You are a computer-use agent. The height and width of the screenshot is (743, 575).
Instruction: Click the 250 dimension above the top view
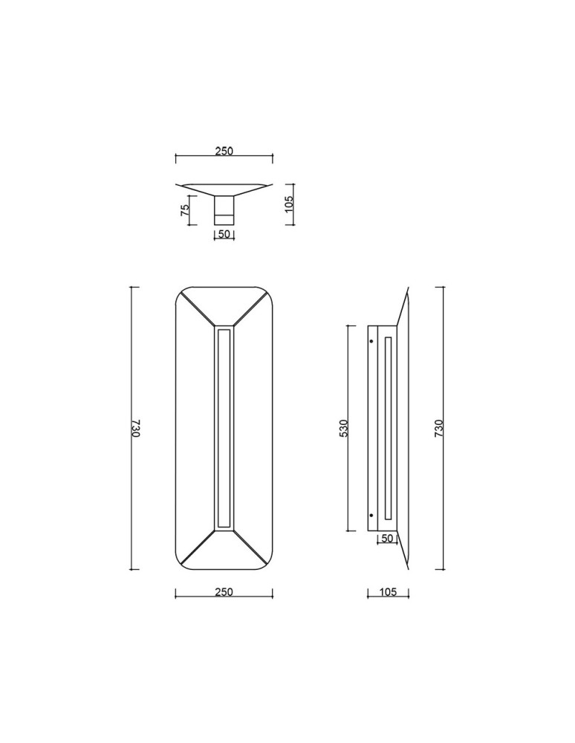(224, 151)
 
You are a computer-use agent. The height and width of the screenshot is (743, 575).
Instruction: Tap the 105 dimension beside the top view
(290, 200)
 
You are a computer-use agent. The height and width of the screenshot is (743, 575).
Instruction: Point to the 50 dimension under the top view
(224, 235)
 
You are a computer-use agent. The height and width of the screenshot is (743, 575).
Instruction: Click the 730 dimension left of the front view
(136, 429)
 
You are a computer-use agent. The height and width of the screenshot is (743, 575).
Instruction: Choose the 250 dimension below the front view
(224, 592)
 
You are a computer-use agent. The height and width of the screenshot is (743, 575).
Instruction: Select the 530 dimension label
(343, 429)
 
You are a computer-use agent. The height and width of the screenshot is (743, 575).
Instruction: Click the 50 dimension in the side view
(386, 538)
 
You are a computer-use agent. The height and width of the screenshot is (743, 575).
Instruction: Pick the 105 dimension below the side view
(388, 592)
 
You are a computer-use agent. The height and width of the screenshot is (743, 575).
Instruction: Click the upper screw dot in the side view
(371, 342)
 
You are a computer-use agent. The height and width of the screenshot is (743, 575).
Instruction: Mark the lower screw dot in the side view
(371, 515)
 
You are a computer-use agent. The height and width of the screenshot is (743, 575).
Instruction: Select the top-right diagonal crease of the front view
(251, 307)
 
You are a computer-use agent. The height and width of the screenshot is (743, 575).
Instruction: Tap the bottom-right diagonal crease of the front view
(251, 549)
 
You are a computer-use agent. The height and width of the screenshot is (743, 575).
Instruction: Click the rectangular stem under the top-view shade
(224, 209)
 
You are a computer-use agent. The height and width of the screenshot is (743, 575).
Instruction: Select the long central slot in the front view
(224, 428)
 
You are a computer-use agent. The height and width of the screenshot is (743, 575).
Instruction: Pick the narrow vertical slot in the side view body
(388, 428)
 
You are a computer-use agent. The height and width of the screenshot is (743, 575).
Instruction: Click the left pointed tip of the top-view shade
(178, 185)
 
